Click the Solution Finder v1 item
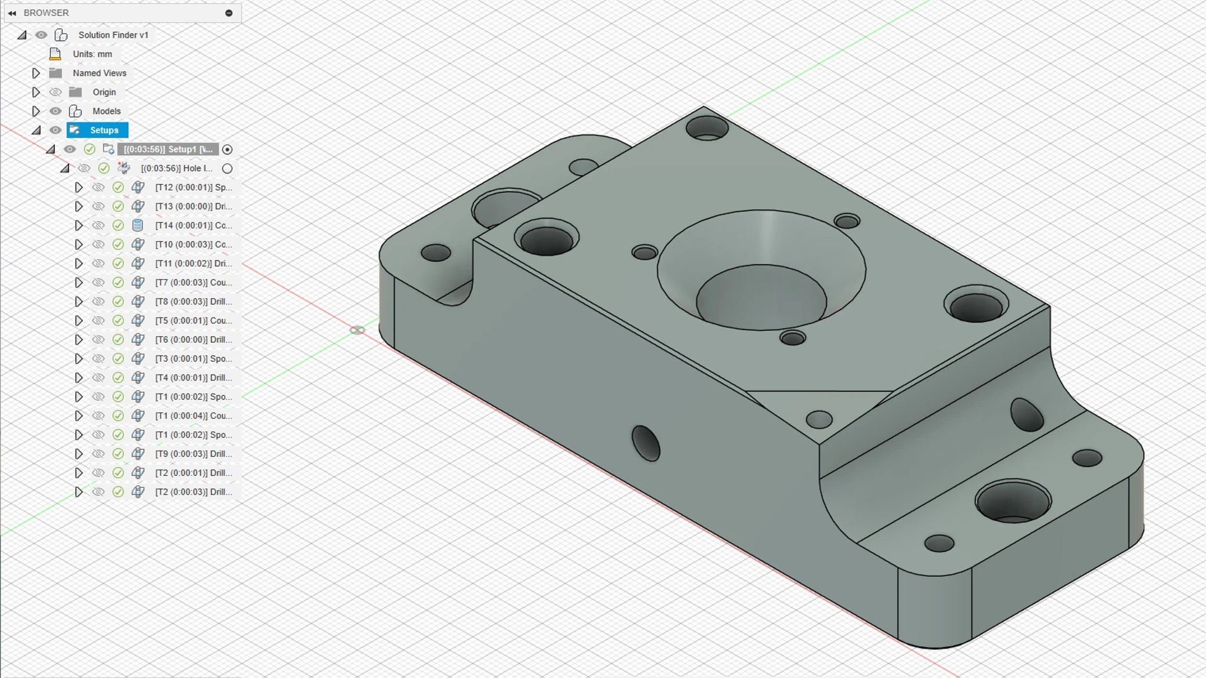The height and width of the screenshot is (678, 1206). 113,35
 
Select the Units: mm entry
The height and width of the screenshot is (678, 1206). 92,54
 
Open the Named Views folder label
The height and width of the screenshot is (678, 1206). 99,73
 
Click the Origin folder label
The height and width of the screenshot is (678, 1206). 104,92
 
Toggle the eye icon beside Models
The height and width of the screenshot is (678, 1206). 55,111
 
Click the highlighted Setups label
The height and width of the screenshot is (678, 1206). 104,130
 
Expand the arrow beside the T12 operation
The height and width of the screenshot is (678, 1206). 79,188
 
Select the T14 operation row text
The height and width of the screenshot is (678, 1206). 193,225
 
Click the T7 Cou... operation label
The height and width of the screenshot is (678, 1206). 193,282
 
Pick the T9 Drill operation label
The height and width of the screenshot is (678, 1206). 193,454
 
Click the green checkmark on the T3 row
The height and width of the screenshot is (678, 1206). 118,358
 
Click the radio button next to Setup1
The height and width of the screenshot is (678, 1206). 227,149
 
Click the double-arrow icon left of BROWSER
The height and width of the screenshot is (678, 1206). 12,13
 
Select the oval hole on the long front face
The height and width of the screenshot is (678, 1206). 646,443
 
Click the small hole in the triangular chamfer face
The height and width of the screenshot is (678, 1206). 818,419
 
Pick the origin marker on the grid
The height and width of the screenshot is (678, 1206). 357,330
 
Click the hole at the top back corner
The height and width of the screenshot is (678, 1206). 707,129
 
